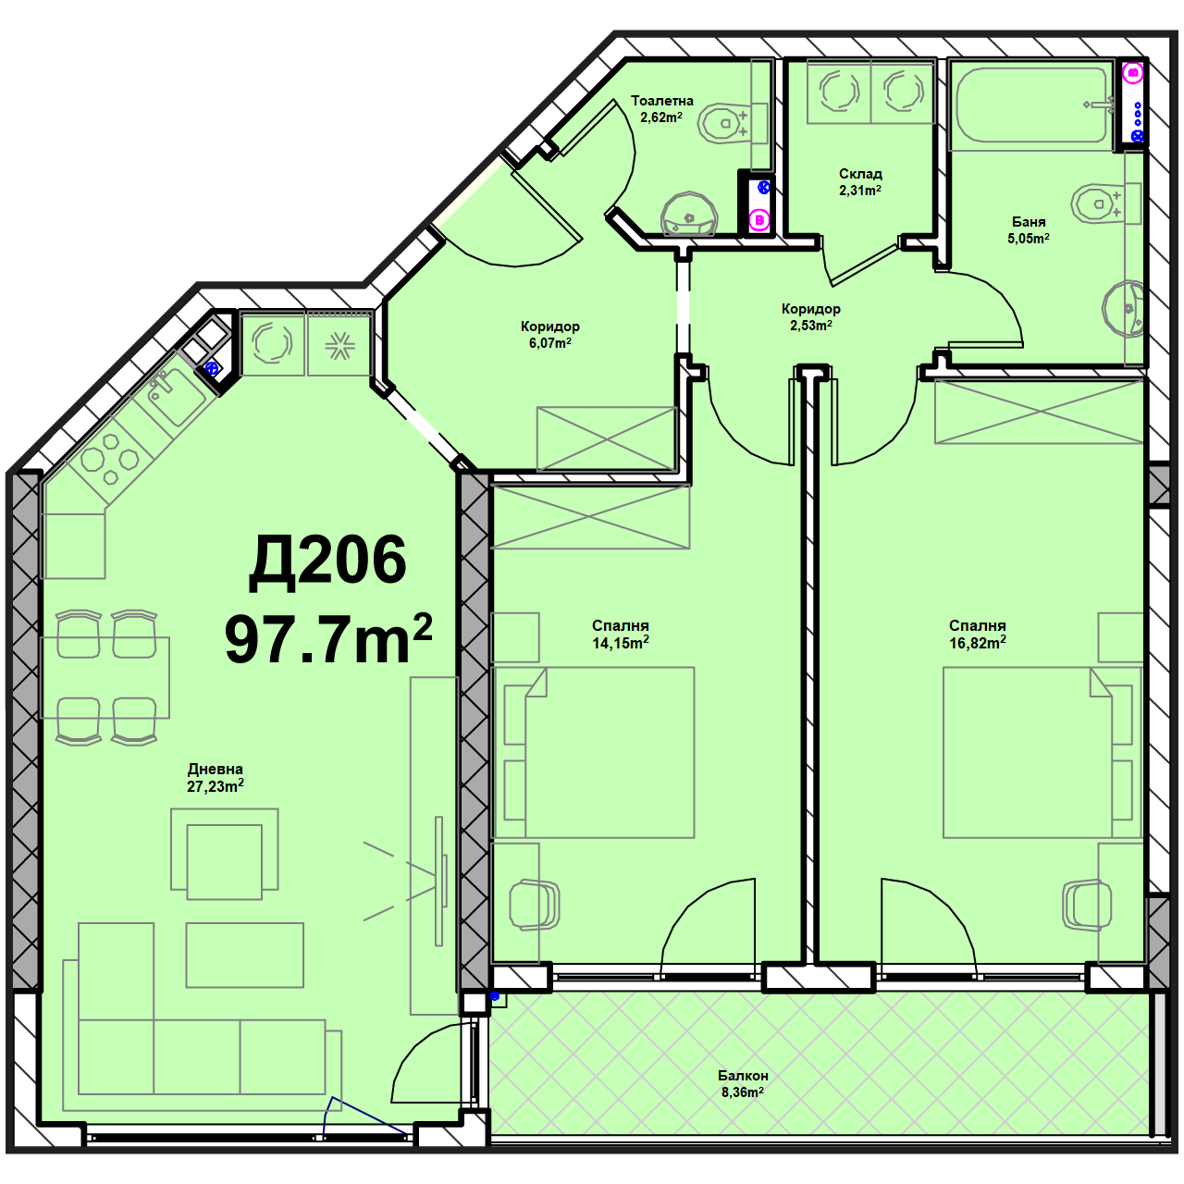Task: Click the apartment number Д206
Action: tap(327, 561)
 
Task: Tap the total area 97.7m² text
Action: tap(328, 639)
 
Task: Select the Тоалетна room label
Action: tap(661, 101)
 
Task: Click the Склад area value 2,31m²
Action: tap(860, 191)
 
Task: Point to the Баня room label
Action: tap(1029, 222)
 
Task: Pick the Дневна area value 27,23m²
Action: tap(215, 786)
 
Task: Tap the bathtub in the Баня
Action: tap(1033, 105)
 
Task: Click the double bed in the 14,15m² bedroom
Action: tap(593, 752)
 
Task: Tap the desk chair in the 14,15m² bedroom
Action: tap(534, 905)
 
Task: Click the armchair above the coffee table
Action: tap(224, 855)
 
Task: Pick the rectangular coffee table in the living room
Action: tap(244, 956)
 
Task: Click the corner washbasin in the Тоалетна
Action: tap(689, 215)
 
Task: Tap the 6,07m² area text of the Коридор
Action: tap(549, 343)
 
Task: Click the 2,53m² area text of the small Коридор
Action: tap(811, 326)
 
